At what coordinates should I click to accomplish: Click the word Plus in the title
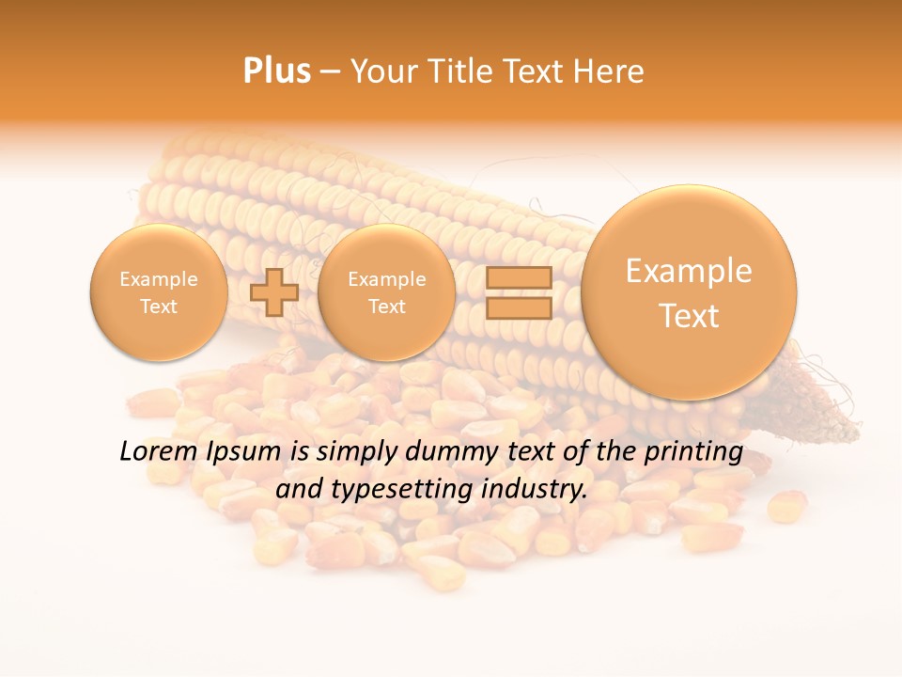coord(276,71)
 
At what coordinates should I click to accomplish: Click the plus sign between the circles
coord(274,291)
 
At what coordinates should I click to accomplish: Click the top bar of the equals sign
coord(518,277)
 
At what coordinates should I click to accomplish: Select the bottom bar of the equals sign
coord(518,308)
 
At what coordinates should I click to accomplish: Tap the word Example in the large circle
coord(689,271)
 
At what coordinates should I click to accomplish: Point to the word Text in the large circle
coord(689,316)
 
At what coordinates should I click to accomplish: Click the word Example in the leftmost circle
coord(159,279)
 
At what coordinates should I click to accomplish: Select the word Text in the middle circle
coord(386,307)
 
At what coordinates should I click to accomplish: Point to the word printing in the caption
coord(693,451)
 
